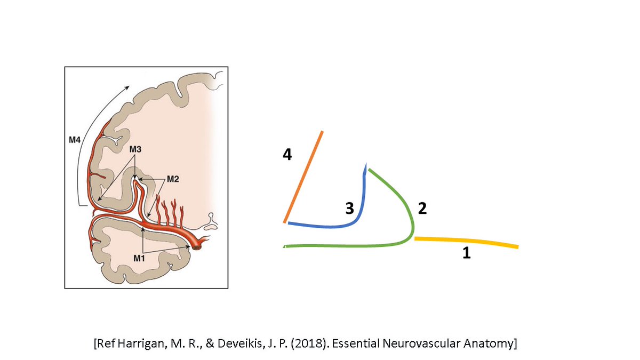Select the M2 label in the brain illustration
(173, 179)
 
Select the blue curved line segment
(341, 226)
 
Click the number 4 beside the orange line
(287, 155)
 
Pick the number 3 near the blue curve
(349, 209)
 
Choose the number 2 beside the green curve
(422, 209)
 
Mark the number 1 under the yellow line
(466, 254)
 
